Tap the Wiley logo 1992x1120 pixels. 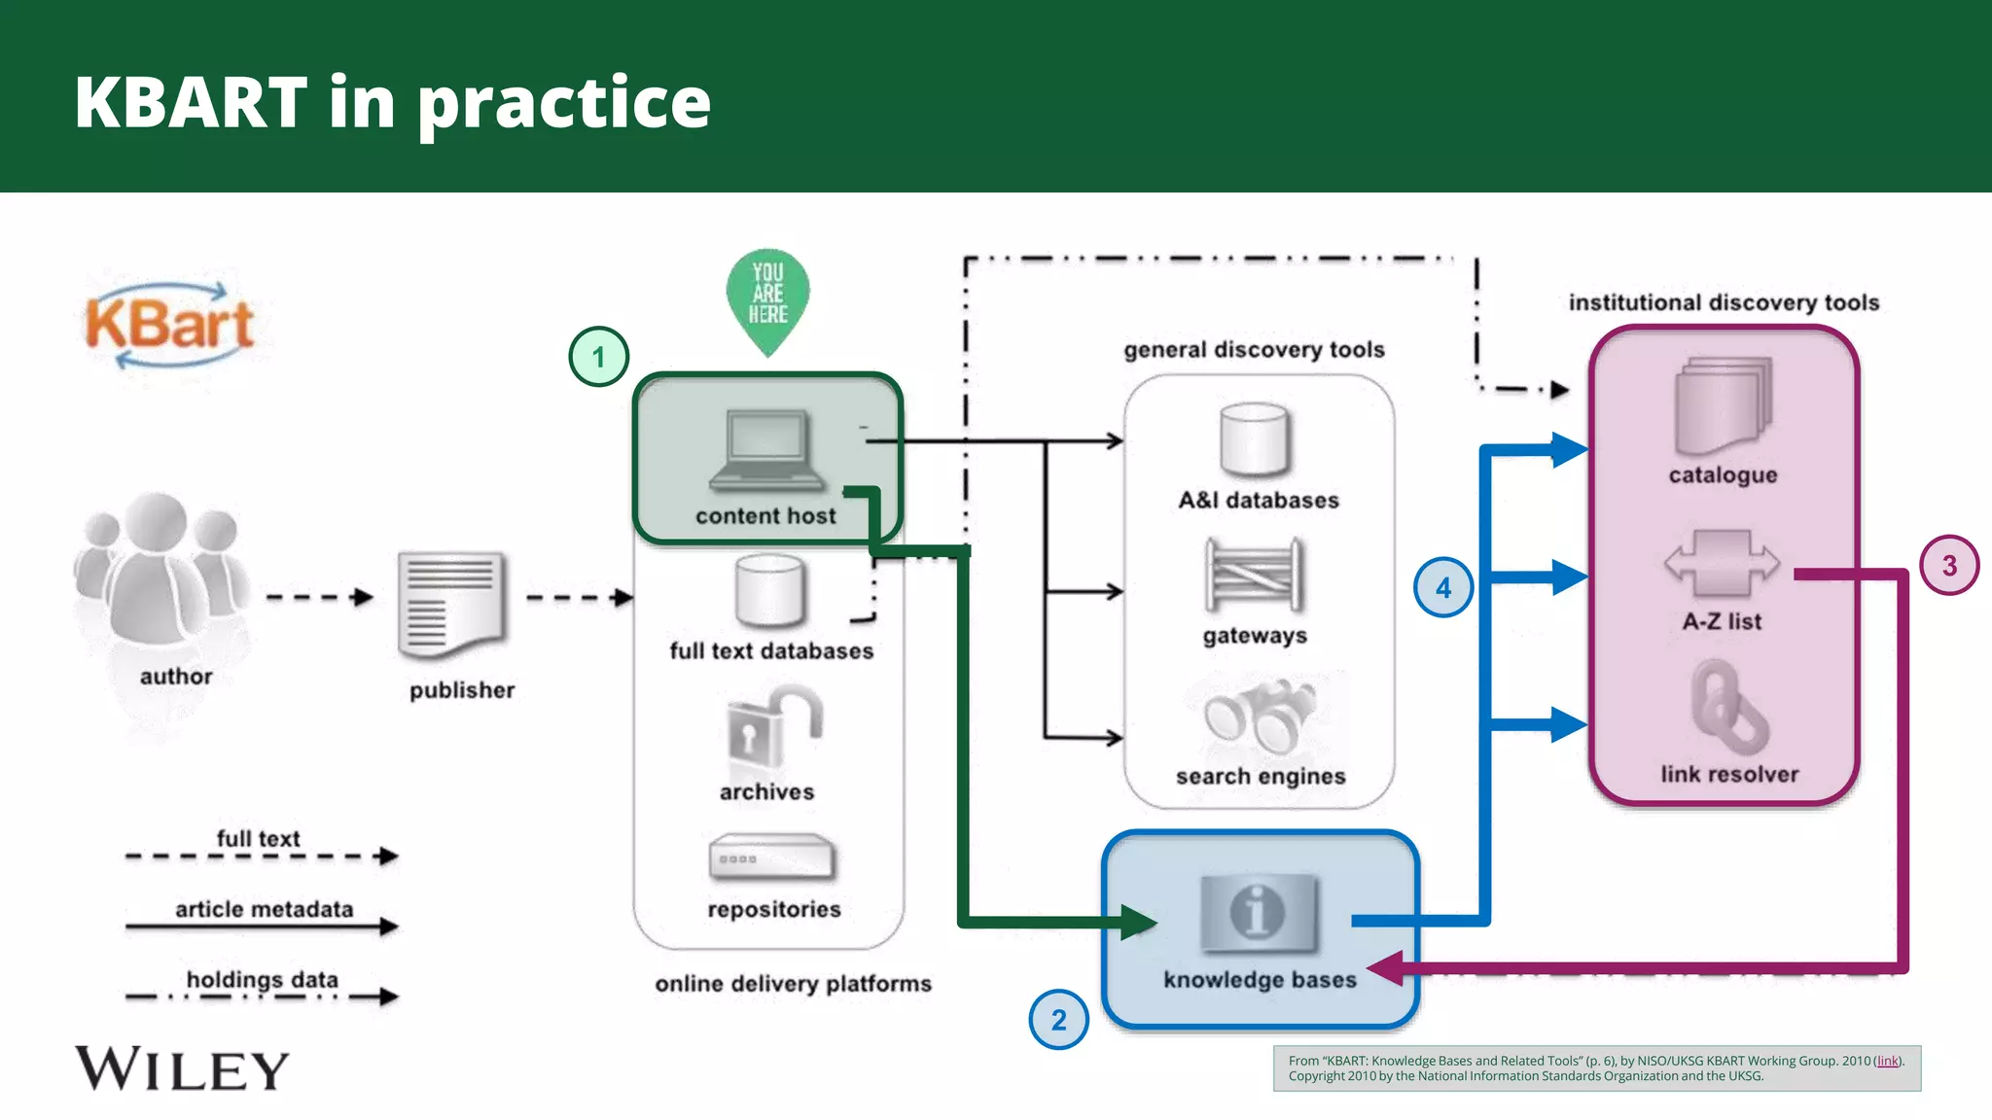click(x=182, y=1068)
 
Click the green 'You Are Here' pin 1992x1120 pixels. click(x=767, y=297)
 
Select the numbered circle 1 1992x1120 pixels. click(x=598, y=357)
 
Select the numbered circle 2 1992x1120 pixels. click(x=1058, y=1020)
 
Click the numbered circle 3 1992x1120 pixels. click(x=1949, y=566)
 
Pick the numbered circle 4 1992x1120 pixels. click(x=1442, y=587)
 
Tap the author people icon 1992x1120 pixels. click(x=161, y=574)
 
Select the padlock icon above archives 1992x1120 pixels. click(x=772, y=729)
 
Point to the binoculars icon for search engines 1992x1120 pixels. click(x=1261, y=717)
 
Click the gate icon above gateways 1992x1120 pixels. click(x=1254, y=575)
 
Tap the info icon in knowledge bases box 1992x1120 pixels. click(x=1259, y=913)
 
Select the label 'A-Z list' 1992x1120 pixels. click(x=1722, y=621)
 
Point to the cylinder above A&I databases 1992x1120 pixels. click(x=1255, y=440)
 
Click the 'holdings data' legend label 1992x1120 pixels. click(x=262, y=979)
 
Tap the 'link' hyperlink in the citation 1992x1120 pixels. click(x=1887, y=1061)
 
